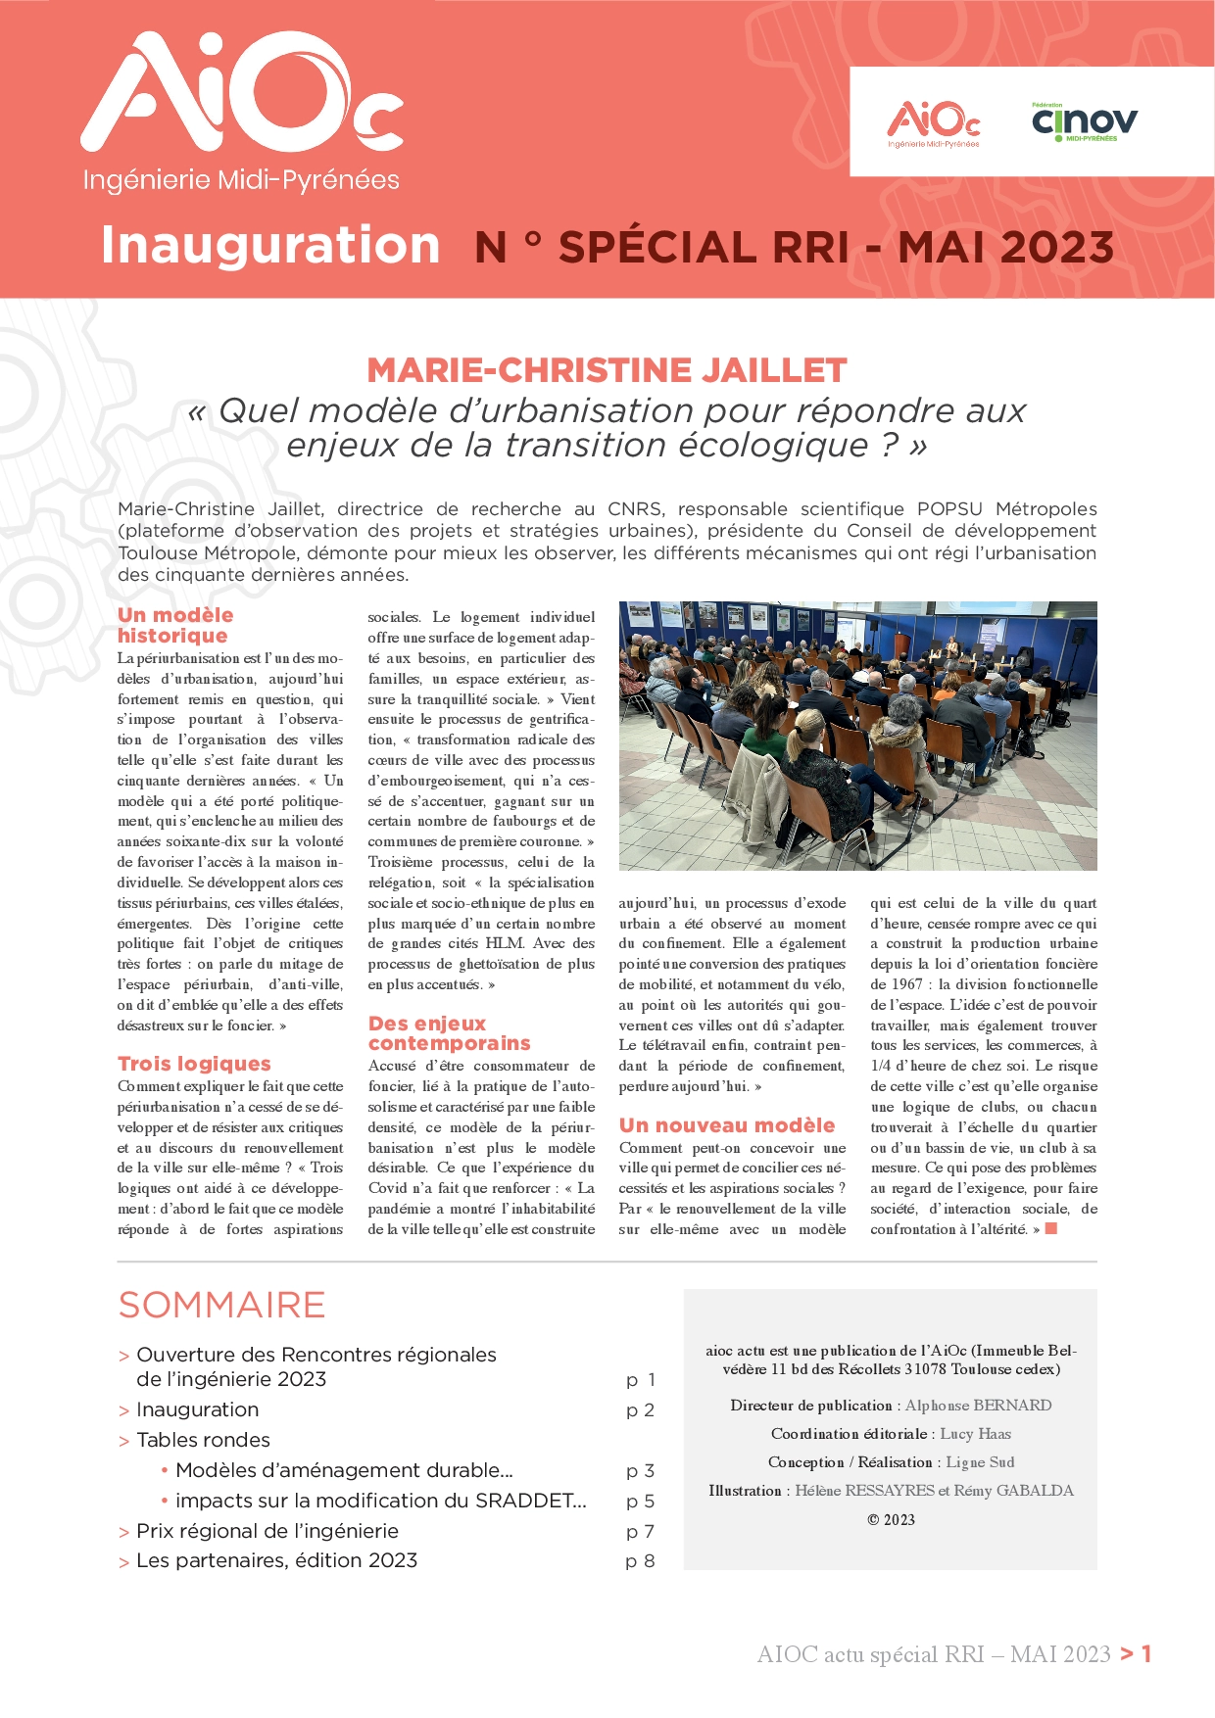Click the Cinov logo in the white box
pyautogui.click(x=1084, y=122)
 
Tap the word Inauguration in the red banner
pyautogui.click(x=270, y=245)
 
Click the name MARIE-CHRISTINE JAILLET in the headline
pyautogui.click(x=607, y=370)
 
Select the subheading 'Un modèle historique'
pyautogui.click(x=175, y=625)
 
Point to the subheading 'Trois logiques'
pyautogui.click(x=194, y=1064)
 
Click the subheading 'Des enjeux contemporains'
pyautogui.click(x=449, y=1033)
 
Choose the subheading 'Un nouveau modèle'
pyautogui.click(x=726, y=1125)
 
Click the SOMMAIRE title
pyautogui.click(x=221, y=1305)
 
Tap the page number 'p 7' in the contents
pyautogui.click(x=640, y=1531)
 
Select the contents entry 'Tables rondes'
pyautogui.click(x=203, y=1440)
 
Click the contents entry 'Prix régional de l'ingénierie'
pyautogui.click(x=267, y=1531)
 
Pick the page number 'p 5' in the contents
pyautogui.click(x=640, y=1501)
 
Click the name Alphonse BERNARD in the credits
pyautogui.click(x=978, y=1406)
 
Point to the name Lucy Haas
pyautogui.click(x=975, y=1434)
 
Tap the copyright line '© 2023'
pyautogui.click(x=891, y=1520)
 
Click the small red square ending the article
pyautogui.click(x=1051, y=1228)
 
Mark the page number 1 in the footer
pyautogui.click(x=1146, y=1654)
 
